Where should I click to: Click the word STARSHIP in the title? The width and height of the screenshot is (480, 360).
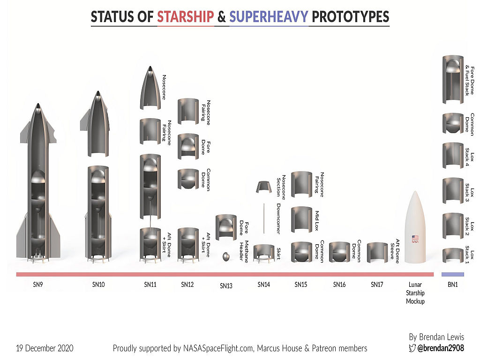(186, 16)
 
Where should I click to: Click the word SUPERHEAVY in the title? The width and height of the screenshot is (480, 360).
(269, 16)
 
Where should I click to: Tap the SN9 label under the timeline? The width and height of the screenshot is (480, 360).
(38, 285)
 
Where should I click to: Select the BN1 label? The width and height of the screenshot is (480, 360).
(453, 285)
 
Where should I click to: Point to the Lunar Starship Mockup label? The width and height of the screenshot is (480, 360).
(415, 293)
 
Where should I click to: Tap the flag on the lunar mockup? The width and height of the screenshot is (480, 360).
(415, 238)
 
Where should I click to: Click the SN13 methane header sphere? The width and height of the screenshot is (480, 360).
(226, 256)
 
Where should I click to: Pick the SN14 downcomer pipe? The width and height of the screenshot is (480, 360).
(264, 218)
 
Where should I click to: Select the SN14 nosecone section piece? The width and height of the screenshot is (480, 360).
(264, 187)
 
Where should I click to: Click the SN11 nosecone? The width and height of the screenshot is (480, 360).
(150, 88)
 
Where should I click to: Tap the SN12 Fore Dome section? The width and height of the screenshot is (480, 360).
(188, 146)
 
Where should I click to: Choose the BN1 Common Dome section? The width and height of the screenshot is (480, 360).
(453, 123)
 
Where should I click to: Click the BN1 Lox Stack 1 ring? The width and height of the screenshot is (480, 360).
(453, 255)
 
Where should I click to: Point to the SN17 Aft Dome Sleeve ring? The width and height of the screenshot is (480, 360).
(377, 252)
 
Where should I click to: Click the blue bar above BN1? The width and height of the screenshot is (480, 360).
(453, 274)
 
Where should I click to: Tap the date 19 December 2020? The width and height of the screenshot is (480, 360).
(45, 348)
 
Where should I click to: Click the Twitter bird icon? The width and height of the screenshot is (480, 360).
(412, 348)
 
